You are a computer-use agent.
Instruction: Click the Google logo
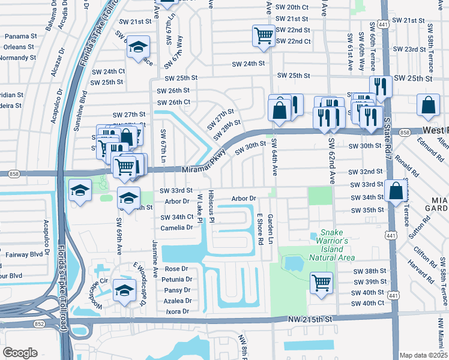tap(20, 353)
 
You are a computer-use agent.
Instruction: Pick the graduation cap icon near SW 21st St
tap(139, 47)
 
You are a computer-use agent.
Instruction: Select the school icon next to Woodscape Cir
tap(124, 290)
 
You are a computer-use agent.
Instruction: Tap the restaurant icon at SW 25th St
tap(380, 86)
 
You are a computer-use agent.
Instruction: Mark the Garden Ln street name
tap(270, 228)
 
